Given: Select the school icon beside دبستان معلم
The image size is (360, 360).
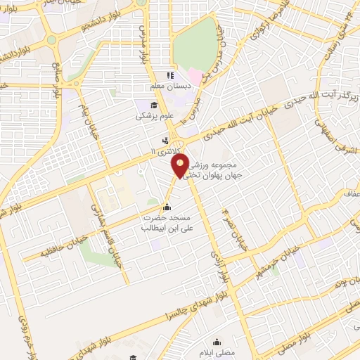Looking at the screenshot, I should [169, 75].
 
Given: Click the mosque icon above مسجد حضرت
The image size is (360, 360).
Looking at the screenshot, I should [167, 207].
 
